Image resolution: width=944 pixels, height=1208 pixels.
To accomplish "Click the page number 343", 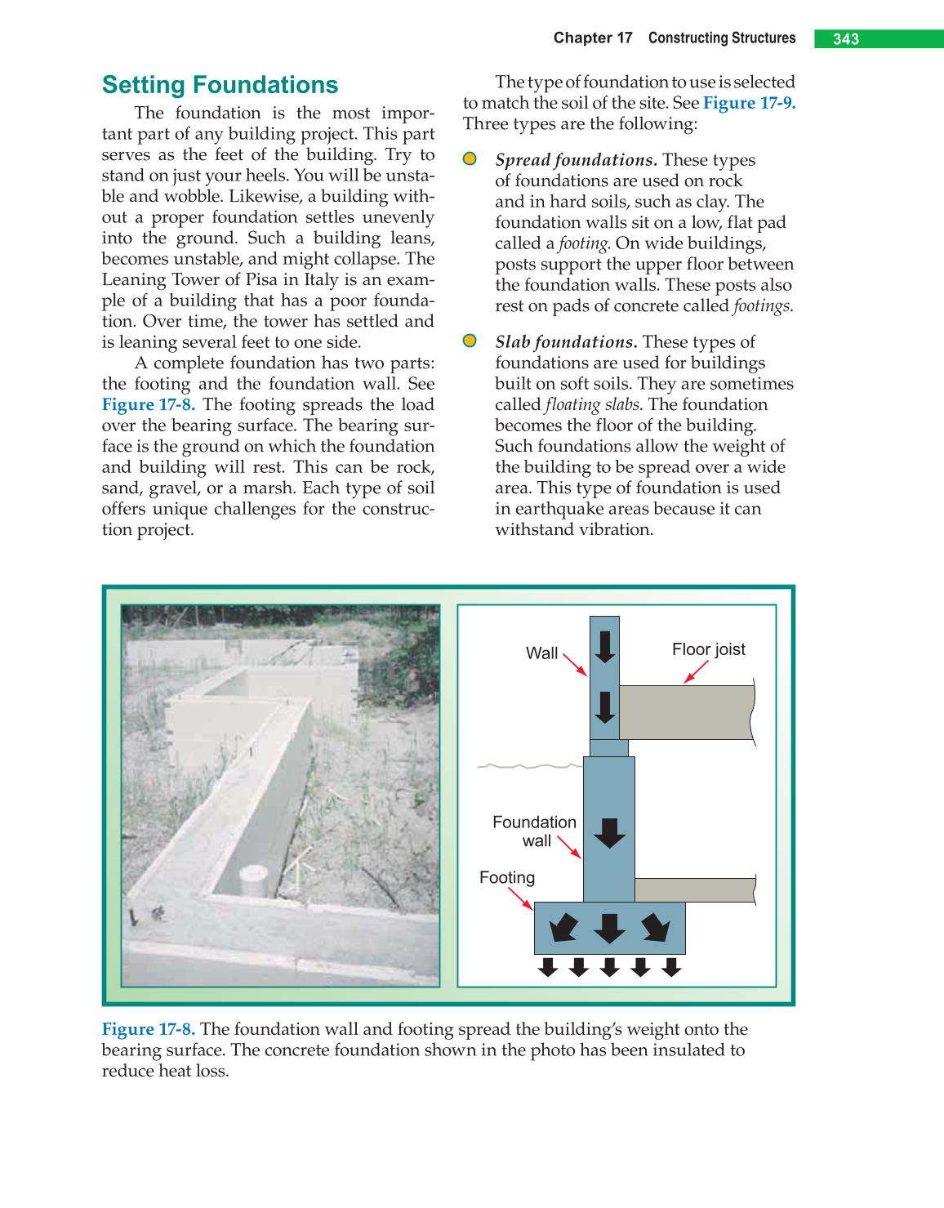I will (846, 39).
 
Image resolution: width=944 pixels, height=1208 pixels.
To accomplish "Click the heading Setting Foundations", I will (220, 85).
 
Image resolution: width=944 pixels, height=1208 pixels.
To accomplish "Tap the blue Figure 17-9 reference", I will (748, 103).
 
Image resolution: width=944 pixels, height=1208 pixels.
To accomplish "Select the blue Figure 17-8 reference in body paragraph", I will (148, 405).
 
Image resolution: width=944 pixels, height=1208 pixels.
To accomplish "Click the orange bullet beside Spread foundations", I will (470, 158).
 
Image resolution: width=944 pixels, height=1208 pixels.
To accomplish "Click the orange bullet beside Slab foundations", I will (470, 341).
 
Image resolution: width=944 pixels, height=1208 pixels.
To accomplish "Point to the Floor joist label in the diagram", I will (708, 649).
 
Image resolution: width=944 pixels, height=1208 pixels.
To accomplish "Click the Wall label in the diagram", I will (541, 653).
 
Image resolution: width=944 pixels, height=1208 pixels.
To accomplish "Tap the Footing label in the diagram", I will (507, 878).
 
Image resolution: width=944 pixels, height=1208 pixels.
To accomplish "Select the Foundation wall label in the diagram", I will (534, 831).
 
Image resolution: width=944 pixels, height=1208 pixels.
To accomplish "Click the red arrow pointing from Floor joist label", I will (696, 671).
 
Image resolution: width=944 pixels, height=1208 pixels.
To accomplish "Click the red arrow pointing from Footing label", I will (520, 898).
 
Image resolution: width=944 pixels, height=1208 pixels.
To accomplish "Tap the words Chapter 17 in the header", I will (593, 38).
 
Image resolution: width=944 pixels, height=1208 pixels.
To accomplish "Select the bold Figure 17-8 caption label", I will (148, 1029).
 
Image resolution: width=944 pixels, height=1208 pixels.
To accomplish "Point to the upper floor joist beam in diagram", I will (686, 712).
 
